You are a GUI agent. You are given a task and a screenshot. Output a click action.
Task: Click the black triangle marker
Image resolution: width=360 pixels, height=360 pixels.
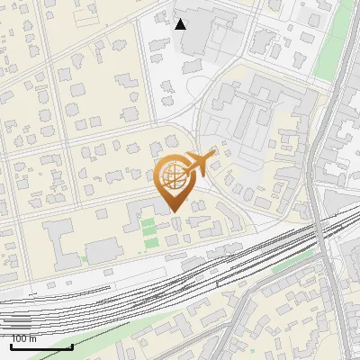tap(180, 24)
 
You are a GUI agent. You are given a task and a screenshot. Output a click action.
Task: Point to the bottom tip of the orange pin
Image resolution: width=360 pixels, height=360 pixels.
tap(173, 211)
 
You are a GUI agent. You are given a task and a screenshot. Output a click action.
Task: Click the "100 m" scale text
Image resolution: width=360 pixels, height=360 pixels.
tap(23, 339)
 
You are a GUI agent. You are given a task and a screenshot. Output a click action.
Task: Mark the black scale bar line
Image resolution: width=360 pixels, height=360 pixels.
tap(41, 347)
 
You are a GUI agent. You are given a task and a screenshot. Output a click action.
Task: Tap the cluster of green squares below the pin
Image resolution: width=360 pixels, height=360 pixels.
tap(148, 231)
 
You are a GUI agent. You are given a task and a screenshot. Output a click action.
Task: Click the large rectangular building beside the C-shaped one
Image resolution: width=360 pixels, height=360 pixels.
tap(103, 249)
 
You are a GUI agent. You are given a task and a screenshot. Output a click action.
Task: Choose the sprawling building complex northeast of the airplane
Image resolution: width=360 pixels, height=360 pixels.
tap(256, 112)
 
